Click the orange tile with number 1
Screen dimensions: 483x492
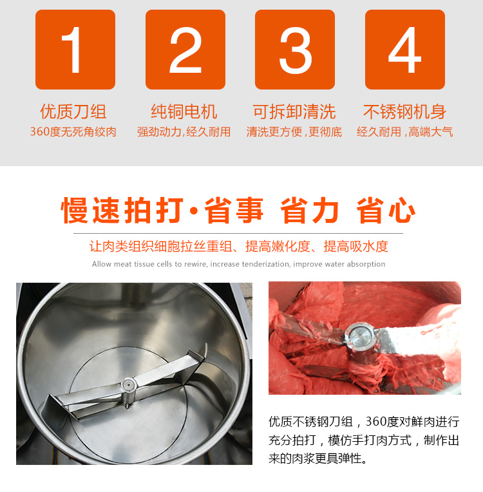(x=75, y=50)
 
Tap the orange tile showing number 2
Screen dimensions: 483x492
(x=185, y=50)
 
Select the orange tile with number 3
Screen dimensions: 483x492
(x=295, y=50)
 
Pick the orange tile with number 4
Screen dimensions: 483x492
(x=405, y=50)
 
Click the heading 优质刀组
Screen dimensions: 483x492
(x=73, y=111)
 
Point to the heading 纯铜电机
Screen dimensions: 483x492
(x=184, y=111)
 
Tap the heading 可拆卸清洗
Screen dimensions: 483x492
(x=294, y=111)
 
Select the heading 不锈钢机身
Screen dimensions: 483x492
(x=405, y=111)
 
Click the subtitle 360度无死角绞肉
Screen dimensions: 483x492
(x=73, y=132)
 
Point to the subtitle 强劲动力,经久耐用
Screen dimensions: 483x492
(x=184, y=132)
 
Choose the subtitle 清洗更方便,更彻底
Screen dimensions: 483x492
(x=294, y=132)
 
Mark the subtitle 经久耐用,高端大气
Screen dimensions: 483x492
(x=405, y=132)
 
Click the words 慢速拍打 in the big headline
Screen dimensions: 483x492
(x=122, y=210)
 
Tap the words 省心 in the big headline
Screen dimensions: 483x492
(x=386, y=210)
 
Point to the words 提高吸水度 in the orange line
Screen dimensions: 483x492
(x=356, y=247)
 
